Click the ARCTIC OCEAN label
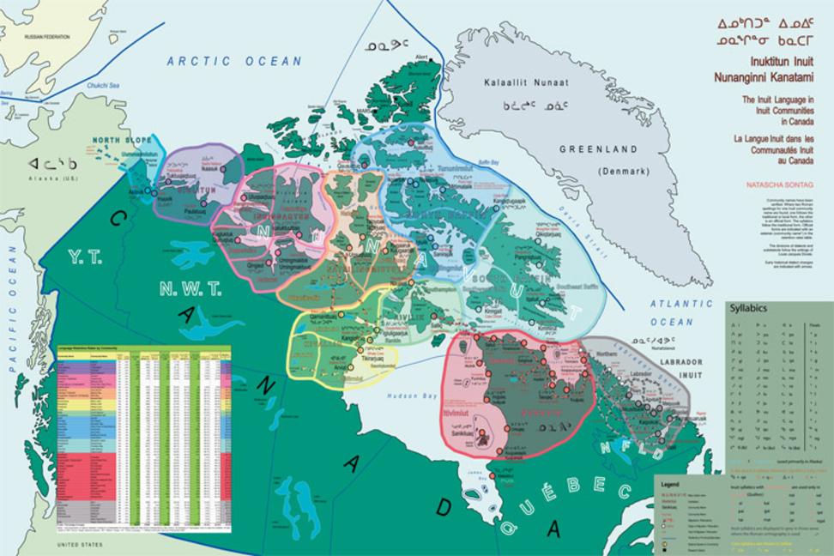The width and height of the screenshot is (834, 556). click(x=234, y=61)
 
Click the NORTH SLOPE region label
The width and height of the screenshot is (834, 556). click(x=120, y=140)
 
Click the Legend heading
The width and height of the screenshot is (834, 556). click(x=670, y=485)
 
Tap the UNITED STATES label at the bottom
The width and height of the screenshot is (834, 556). click(x=79, y=545)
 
